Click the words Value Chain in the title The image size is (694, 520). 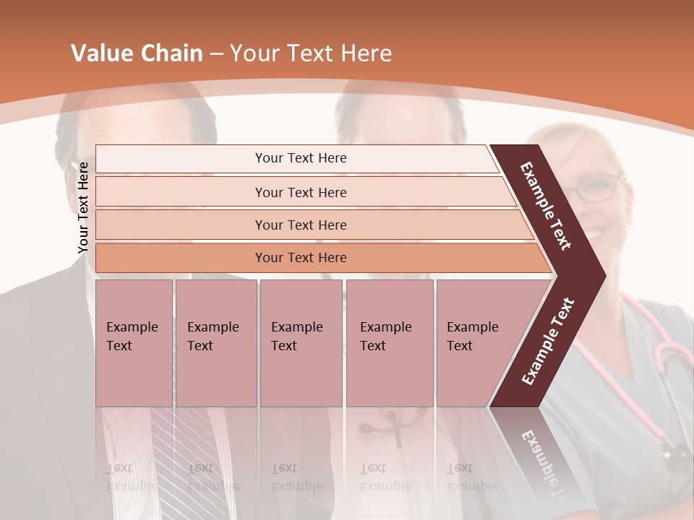click(137, 53)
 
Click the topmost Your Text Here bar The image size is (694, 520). click(300, 158)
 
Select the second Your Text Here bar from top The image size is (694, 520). click(300, 192)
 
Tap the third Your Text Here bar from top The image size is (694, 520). click(300, 225)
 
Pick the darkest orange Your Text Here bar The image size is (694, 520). click(300, 258)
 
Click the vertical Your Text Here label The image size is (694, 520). click(83, 207)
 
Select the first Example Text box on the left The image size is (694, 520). click(134, 343)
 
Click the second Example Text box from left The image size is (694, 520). click(215, 343)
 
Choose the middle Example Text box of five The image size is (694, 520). click(301, 343)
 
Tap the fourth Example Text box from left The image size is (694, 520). click(389, 343)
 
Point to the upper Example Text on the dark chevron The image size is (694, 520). click(546, 206)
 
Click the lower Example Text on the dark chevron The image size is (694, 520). click(548, 341)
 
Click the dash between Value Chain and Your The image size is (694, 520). click(216, 53)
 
